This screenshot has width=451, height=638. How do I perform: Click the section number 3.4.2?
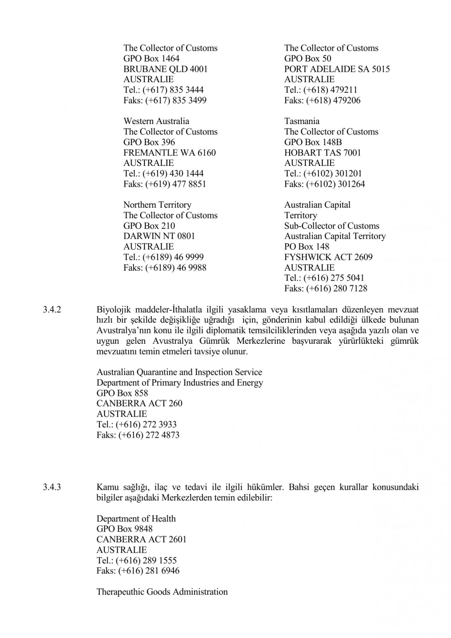tap(51, 309)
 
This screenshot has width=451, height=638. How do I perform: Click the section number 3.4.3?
tap(51, 487)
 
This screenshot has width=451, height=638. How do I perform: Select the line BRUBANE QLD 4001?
tap(165, 69)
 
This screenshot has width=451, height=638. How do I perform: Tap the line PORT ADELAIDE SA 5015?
tap(337, 69)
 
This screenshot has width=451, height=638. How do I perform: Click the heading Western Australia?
tap(156, 121)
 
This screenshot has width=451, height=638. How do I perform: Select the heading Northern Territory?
tap(157, 205)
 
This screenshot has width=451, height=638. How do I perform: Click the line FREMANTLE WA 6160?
tap(169, 153)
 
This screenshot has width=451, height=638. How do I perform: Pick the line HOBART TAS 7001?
tap(322, 153)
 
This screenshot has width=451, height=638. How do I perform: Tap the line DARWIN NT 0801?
tap(159, 236)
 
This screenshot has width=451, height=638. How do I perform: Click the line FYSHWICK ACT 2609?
tap(328, 257)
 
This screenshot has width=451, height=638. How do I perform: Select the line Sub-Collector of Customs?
tap(331, 226)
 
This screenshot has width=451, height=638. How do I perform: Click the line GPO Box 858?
tap(122, 393)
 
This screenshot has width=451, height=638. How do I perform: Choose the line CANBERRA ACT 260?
tap(139, 404)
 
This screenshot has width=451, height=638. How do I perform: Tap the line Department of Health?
tap(136, 519)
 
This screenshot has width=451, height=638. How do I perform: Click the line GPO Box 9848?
tap(124, 529)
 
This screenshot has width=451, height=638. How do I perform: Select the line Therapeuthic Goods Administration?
tap(162, 592)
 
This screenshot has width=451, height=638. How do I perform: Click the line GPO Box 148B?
tap(313, 142)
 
